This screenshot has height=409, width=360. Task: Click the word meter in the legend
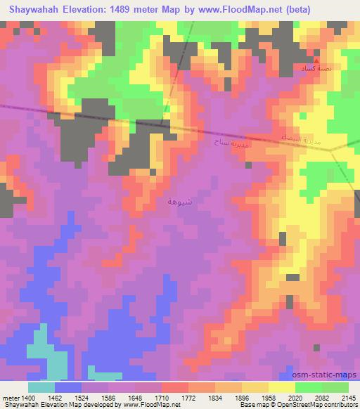pyautogui.click(x=9, y=397)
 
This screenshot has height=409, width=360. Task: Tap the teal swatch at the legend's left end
pyautogui.click(x=41, y=387)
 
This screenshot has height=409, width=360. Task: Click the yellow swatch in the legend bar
pyautogui.click(x=282, y=387)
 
